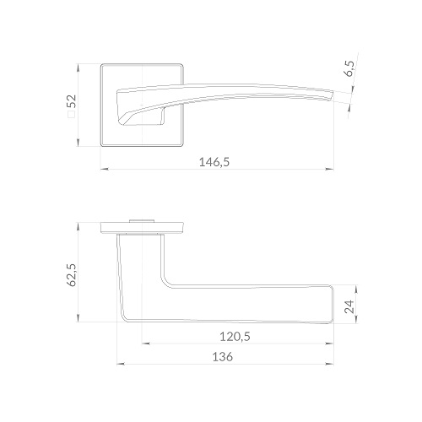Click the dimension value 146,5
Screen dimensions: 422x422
pyautogui.click(x=214, y=162)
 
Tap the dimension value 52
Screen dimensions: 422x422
pyautogui.click(x=72, y=101)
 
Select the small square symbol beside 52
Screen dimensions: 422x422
pyautogui.click(x=72, y=114)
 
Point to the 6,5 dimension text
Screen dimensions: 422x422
pyautogui.click(x=349, y=69)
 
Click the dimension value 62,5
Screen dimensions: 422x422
pyautogui.click(x=72, y=275)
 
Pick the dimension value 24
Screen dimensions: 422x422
pyautogui.click(x=349, y=306)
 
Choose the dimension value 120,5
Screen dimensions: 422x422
pyautogui.click(x=235, y=337)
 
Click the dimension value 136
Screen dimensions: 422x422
pyautogui.click(x=223, y=357)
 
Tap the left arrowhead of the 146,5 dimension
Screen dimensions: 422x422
pyautogui.click(x=105, y=169)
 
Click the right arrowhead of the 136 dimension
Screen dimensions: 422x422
pyautogui.click(x=330, y=364)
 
